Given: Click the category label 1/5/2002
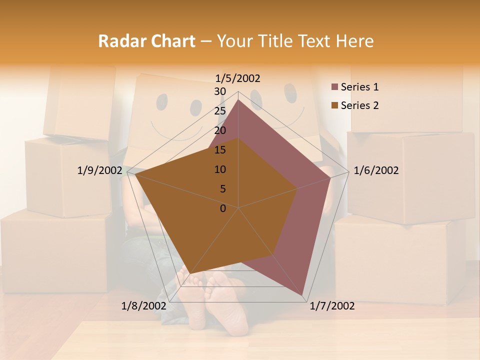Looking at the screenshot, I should click(x=238, y=78).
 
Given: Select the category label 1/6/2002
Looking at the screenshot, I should click(x=376, y=170).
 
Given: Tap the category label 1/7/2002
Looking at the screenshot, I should click(x=332, y=306).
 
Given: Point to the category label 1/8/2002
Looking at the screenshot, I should click(x=143, y=306).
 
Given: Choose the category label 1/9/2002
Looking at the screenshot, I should click(x=99, y=170).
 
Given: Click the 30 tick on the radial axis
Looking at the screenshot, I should click(x=220, y=91).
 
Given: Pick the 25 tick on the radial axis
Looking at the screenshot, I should click(x=220, y=111).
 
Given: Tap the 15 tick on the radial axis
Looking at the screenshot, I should click(x=220, y=150).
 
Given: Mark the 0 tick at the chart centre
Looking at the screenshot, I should click(x=223, y=208).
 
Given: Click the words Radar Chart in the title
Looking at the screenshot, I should click(x=146, y=41).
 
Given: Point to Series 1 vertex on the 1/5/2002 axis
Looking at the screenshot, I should click(x=238, y=99).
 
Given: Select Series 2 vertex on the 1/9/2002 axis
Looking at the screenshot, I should click(x=135, y=174).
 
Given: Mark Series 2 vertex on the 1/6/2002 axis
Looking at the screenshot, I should click(x=297, y=188).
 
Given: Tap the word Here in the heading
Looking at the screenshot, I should click(x=354, y=41).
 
